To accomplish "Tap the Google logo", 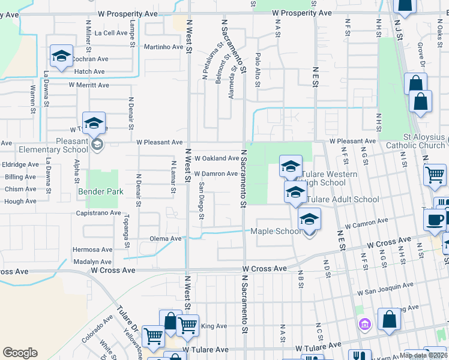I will [x=20, y=353].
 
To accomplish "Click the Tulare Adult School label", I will [x=343, y=200].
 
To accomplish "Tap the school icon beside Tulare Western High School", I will [x=291, y=166].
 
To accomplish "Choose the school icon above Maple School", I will [x=309, y=219].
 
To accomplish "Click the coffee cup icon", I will [x=435, y=219].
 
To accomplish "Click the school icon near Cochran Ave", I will [x=61, y=56].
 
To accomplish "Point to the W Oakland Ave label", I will [x=217, y=158].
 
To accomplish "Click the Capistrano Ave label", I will [x=98, y=213].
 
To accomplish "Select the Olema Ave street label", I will [x=166, y=238].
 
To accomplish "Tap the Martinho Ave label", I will [x=163, y=47].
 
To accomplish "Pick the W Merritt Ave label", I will [x=89, y=85].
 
